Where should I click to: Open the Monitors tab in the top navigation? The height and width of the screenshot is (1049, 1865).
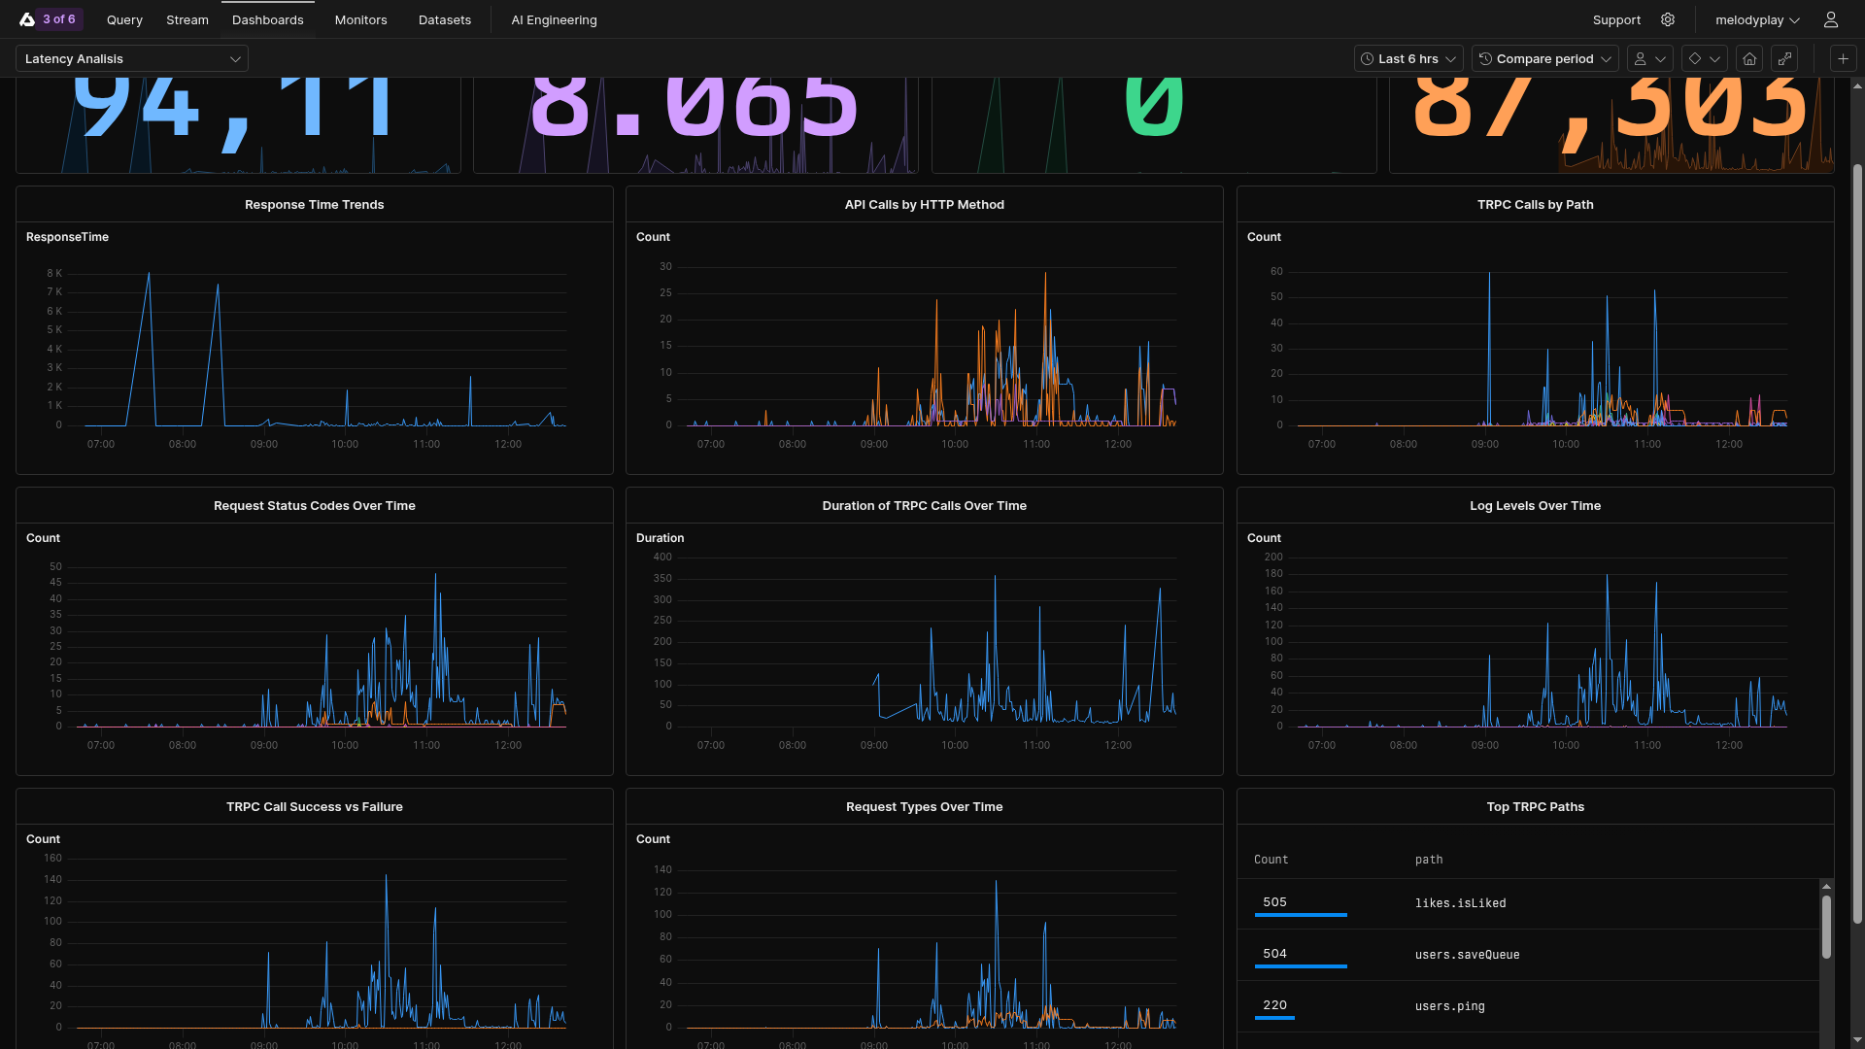[x=360, y=19]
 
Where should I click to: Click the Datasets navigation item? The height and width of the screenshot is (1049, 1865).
[x=445, y=19]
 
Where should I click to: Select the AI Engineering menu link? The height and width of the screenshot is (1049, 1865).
[x=554, y=19]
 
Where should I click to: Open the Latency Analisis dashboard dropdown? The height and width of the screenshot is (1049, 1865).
[x=132, y=59]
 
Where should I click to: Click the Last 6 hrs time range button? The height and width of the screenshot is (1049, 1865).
[x=1407, y=59]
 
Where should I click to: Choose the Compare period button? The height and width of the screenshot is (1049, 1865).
[x=1544, y=59]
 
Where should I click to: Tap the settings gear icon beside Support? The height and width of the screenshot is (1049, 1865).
[x=1668, y=19]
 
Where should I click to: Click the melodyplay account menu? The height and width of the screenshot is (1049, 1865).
[x=1757, y=19]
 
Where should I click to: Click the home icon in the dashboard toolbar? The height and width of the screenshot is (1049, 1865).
[x=1749, y=59]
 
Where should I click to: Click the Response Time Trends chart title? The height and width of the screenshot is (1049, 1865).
[x=314, y=205]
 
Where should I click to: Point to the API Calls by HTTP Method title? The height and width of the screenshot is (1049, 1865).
[x=924, y=205]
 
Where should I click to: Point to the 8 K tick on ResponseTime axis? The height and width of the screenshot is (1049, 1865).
[x=54, y=274]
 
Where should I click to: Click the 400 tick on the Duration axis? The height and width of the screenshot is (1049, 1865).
[x=662, y=558]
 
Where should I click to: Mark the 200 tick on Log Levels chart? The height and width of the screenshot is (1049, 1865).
[x=1272, y=558]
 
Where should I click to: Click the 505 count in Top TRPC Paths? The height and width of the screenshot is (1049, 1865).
[x=1274, y=902]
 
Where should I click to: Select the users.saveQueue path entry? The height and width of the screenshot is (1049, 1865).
[x=1467, y=955]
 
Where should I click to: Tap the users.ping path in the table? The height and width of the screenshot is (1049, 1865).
[x=1449, y=1006]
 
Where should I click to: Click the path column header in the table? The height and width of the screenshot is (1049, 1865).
[x=1428, y=860]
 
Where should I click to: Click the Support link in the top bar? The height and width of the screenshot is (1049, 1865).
[x=1616, y=19]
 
